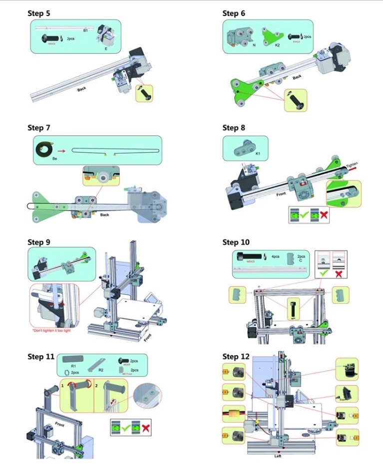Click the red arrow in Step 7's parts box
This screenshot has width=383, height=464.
coord(61,149)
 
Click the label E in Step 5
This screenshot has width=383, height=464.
coord(105,48)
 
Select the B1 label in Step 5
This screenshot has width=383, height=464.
coord(85,31)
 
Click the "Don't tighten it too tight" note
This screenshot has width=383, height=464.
coord(53,330)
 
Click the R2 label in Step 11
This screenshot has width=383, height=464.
coord(100,370)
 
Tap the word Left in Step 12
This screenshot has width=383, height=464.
coord(278,456)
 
